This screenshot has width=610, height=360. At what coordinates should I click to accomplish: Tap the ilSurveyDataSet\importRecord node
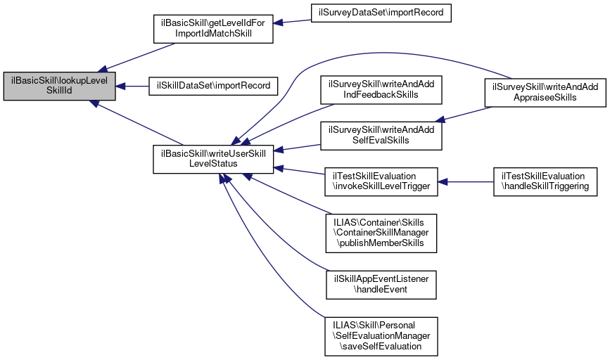coord(381,13)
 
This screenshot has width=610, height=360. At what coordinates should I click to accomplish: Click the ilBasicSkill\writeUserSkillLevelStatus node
coord(213,158)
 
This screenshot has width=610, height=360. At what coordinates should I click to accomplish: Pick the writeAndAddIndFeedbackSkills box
coord(381,89)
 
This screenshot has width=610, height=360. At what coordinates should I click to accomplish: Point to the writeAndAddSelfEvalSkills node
coord(381,134)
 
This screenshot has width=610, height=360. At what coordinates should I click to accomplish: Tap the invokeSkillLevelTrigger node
coord(381,181)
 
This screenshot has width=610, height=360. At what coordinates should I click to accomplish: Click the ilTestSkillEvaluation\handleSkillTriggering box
coord(545,181)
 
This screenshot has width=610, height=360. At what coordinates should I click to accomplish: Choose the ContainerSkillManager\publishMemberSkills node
coord(381,232)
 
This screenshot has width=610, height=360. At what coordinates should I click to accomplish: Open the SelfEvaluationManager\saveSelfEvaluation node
coord(381,336)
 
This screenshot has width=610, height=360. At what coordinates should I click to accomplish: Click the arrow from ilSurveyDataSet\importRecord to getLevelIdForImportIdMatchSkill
coord(292,22)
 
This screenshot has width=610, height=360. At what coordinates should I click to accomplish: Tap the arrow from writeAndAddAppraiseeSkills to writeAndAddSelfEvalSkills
coord(464,113)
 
